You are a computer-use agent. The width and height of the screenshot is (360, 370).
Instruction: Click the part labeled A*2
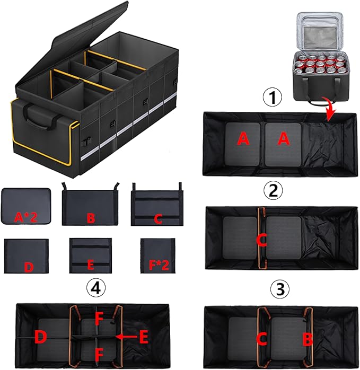pos(27,206)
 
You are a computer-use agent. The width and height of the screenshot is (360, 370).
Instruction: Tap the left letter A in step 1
pos(243,139)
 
